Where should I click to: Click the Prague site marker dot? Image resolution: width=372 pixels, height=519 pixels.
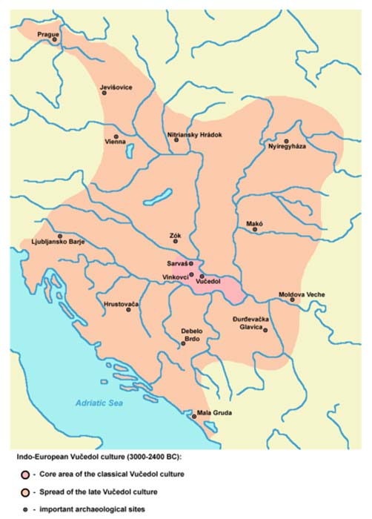[x=53, y=41]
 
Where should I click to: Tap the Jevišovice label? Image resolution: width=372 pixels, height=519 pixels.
[x=116, y=87]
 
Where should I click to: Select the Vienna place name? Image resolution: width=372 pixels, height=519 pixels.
[x=115, y=141]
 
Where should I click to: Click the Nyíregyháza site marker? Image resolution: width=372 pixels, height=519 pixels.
[x=285, y=139]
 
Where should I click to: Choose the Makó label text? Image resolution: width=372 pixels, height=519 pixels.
[x=255, y=222]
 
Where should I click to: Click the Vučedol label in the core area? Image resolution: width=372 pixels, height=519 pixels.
[x=211, y=282]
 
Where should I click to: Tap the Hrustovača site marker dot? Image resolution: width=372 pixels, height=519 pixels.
[x=128, y=310]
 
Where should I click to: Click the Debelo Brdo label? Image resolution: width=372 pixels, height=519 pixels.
[x=193, y=336]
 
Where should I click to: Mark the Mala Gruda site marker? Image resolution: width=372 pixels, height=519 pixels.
[x=194, y=417]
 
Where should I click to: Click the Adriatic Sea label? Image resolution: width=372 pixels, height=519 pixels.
[x=99, y=403]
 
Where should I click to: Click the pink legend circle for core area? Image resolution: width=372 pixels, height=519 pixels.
[x=25, y=473]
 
